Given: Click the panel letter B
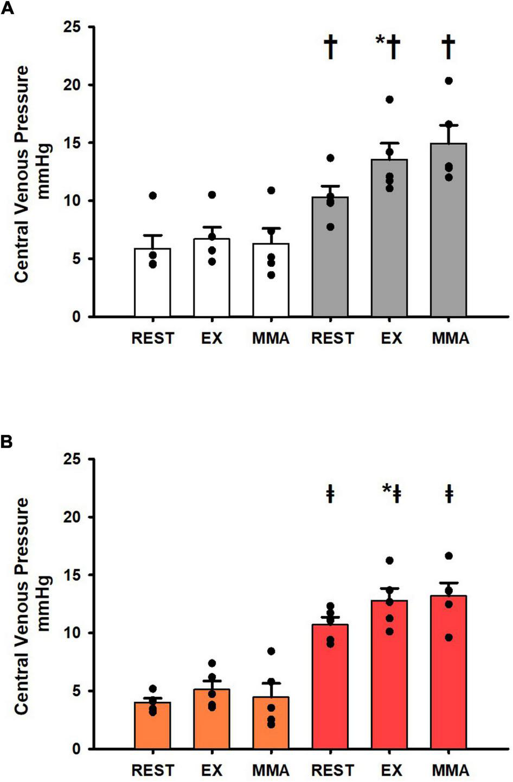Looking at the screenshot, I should click(7, 442).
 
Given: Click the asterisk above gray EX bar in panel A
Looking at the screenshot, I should click(380, 42).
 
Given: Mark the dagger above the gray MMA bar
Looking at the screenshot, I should click(448, 48).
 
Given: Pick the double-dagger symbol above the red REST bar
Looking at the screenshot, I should click(330, 495).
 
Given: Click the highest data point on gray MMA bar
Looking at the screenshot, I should click(448, 81).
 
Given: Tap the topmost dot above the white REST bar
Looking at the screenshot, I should click(153, 195).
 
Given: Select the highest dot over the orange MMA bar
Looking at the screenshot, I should click(271, 651).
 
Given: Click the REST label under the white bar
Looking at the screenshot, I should click(152, 339).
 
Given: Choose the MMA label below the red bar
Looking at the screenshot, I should click(450, 771).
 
